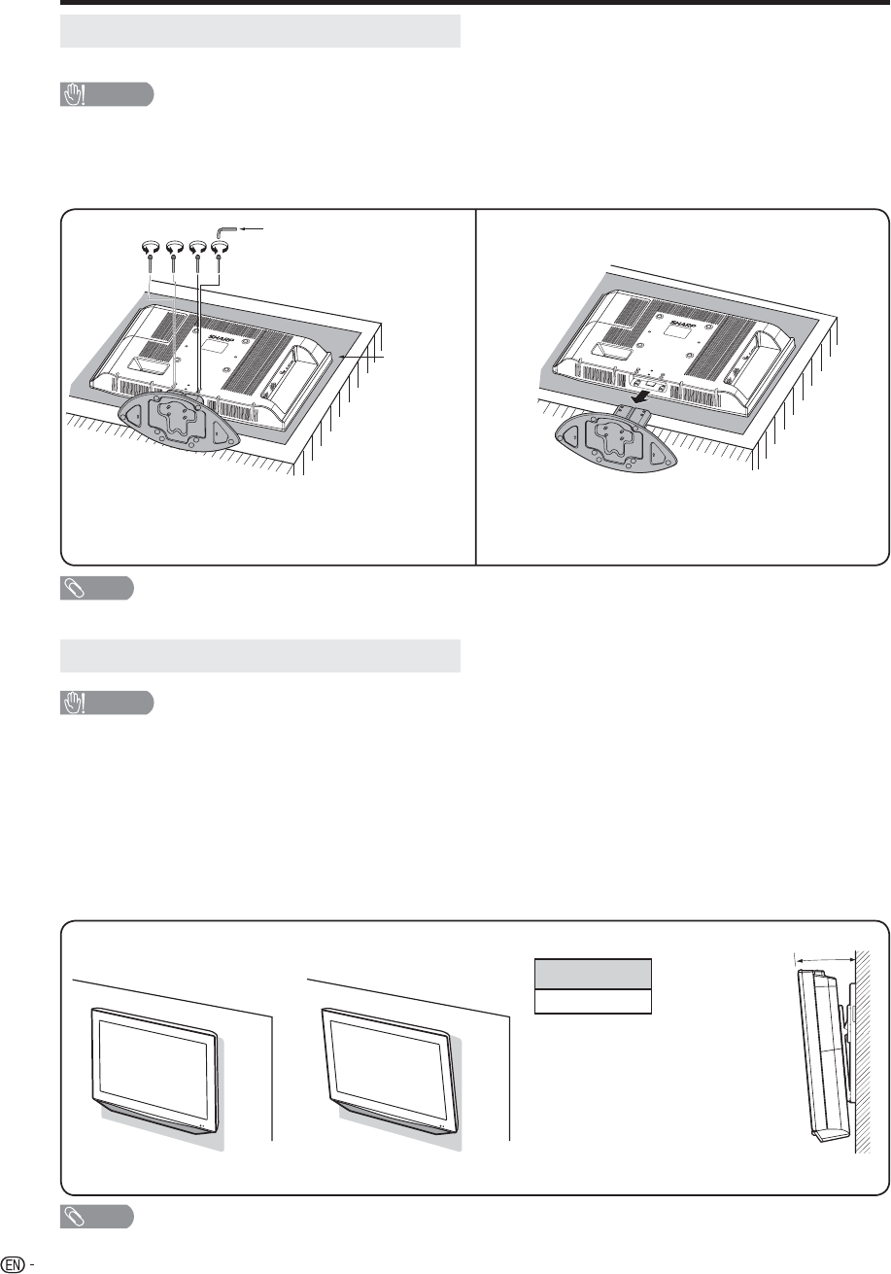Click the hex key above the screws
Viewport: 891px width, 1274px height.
coord(224,229)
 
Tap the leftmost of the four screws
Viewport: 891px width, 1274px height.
coord(149,253)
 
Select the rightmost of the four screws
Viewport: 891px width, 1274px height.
coord(220,253)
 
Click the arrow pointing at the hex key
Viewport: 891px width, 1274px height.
coord(253,228)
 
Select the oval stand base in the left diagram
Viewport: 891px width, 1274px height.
coord(179,423)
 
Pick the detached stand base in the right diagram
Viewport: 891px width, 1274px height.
coord(616,442)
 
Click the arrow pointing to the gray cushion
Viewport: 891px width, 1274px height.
coord(361,357)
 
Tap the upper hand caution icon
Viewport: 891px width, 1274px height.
coord(74,94)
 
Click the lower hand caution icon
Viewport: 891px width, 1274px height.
coord(74,703)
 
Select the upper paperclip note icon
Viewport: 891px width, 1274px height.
coord(75,589)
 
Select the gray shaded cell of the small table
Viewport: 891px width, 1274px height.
coord(593,974)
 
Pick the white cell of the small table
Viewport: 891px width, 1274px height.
coord(593,1001)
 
